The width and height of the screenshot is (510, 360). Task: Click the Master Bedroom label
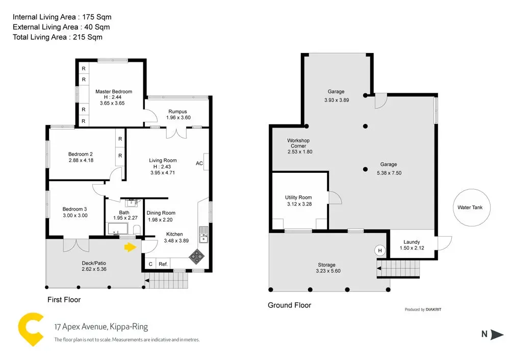tap(114, 92)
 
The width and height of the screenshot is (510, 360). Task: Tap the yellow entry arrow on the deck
tap(130, 247)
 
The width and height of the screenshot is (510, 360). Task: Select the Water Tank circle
tap(471, 208)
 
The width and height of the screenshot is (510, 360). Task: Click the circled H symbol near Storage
tap(379, 250)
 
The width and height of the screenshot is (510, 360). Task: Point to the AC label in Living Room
tap(199, 163)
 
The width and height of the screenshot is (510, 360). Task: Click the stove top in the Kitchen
tap(196, 256)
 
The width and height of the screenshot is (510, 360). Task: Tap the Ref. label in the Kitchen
tap(163, 264)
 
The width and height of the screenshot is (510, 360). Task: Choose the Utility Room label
tap(298, 197)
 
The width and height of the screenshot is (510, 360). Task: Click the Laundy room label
tap(412, 242)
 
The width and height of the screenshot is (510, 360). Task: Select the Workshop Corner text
tap(298, 143)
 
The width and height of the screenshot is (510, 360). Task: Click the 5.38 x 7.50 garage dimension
tap(389, 173)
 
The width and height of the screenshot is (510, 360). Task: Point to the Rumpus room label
tap(177, 112)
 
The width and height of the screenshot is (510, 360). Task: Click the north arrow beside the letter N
tap(497, 335)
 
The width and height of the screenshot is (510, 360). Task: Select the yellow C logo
tap(30, 329)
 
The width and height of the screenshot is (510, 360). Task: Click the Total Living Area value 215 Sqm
tap(88, 37)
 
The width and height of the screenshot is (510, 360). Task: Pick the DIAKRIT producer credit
tap(433, 310)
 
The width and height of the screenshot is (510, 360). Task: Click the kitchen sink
tap(203, 235)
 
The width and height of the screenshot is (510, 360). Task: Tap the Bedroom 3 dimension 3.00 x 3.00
tap(75, 215)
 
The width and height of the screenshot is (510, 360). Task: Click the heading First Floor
tap(64, 299)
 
